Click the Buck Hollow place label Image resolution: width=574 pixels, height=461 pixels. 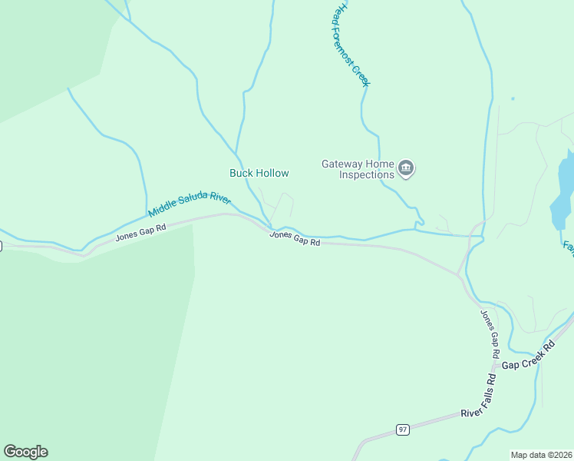[x=259, y=173]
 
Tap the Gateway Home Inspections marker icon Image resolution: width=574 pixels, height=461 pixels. [x=407, y=168]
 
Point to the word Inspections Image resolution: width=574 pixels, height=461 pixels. [x=367, y=174]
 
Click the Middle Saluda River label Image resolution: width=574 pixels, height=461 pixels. [x=190, y=205]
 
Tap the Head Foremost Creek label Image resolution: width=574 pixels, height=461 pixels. [x=350, y=44]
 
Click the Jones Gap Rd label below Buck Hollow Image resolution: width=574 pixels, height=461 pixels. [x=295, y=238]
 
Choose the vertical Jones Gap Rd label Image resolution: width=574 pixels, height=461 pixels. [x=490, y=334]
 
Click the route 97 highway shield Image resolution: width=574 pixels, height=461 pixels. [x=402, y=429]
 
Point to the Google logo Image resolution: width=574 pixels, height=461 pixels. [x=25, y=452]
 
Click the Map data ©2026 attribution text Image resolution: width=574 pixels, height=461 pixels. [x=541, y=455]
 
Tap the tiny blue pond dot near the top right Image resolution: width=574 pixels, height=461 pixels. [x=513, y=98]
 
